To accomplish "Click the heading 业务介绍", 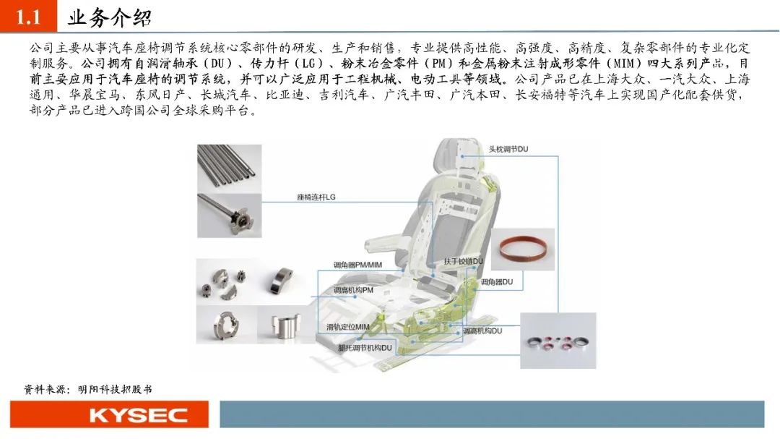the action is pos(110,18).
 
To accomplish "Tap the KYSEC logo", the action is pos(139,415).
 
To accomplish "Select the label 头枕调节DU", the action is pos(508,149).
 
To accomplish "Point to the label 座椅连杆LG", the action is pos(316,197).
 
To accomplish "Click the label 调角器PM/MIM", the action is pos(357,265).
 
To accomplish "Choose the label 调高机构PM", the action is pos(353,290).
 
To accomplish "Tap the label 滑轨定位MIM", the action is pos(347,327).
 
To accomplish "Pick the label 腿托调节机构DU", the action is pos(365,348).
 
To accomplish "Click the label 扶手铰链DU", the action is pos(463,261).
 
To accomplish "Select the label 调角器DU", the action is pos(496,282).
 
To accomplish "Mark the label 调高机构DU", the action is pos(482,331).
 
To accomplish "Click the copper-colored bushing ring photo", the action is pos(523,249).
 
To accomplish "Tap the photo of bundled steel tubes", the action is pos(230,169).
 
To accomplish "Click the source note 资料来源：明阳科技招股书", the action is pos(87,389).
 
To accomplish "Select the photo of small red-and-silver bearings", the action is pos(558,341).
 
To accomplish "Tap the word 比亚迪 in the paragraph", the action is pos(285,95).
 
